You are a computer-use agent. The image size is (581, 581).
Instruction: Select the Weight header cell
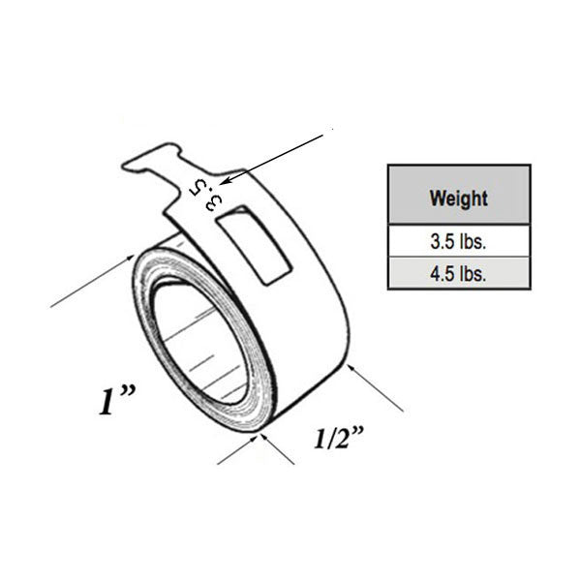(x=458, y=199)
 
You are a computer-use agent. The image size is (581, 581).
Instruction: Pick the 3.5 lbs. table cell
(x=458, y=241)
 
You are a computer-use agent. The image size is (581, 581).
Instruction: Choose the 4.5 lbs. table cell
(x=458, y=272)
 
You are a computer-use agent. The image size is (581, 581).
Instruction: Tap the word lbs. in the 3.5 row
(x=474, y=241)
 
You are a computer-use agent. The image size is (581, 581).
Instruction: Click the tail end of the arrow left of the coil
(x=53, y=306)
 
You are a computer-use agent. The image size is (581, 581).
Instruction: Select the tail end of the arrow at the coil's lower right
(x=402, y=410)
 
